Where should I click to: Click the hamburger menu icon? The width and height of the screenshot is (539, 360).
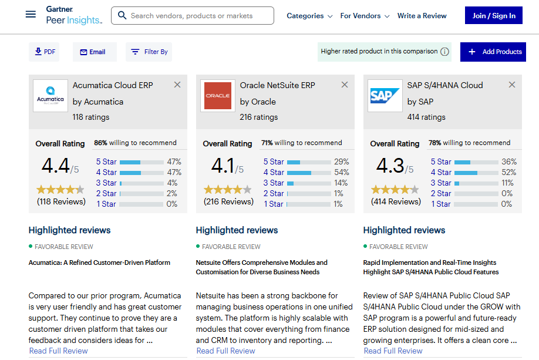pos(31,15)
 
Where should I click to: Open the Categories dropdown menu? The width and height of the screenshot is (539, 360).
pos(309,16)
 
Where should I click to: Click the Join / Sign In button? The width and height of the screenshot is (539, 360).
pos(493,16)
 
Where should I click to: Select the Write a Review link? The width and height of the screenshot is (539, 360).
pos(422,16)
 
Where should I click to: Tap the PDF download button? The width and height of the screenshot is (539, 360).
pos(45,52)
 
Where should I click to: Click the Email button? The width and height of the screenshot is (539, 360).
pos(93,52)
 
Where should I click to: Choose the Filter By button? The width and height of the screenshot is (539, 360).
pos(149,52)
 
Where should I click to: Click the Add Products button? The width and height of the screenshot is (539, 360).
pos(493,52)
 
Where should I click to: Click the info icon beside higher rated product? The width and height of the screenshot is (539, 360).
pos(445,52)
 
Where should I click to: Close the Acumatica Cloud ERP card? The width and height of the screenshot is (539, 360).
pos(177,85)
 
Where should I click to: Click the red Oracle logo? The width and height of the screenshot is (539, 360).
pos(218,96)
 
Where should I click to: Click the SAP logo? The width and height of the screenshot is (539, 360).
pos(385,96)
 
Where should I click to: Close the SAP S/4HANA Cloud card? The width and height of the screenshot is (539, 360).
pos(512,85)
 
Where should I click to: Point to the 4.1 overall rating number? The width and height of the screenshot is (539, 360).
pos(223,166)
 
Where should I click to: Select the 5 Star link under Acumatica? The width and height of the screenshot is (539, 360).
pos(106,162)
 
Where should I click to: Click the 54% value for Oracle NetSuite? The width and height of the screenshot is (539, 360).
pos(341,172)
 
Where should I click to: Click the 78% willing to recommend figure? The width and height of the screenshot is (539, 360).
pos(434,143)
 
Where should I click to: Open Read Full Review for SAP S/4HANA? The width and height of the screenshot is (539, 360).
pos(393,351)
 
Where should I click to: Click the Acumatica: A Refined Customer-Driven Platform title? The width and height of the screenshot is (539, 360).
pos(99,263)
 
